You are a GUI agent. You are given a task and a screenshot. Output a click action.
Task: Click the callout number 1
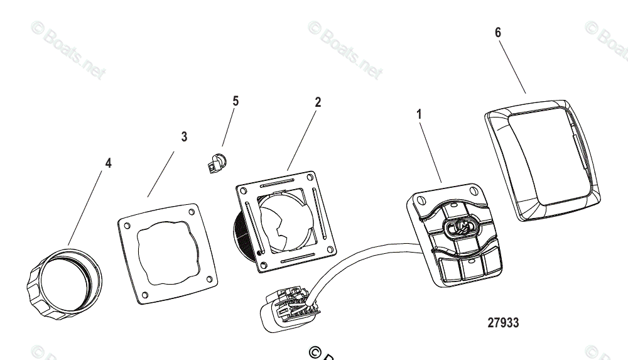point(420,114)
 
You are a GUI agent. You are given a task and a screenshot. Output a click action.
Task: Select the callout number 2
point(318,102)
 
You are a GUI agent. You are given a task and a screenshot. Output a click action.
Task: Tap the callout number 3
point(184,136)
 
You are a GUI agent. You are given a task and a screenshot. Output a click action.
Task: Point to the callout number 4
point(108,163)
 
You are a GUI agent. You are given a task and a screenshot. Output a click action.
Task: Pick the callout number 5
point(235,101)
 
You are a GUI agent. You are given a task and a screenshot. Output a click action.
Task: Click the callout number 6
point(498,33)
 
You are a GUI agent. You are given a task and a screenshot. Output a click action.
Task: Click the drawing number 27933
point(503,323)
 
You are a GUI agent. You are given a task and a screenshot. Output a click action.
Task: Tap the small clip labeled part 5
point(216,163)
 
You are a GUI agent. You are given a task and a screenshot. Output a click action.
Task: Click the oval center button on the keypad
point(460,227)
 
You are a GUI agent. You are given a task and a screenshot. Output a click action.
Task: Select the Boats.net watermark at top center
point(345,50)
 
